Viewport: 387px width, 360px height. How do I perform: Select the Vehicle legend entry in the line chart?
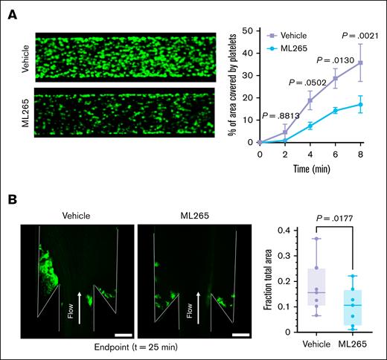pyautogui.click(x=303, y=34)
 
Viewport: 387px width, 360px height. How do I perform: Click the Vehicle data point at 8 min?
pyautogui.click(x=360, y=63)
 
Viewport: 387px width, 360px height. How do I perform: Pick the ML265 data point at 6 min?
pyautogui.click(x=336, y=110)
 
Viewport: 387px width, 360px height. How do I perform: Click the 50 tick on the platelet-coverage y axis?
pyautogui.click(x=251, y=32)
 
